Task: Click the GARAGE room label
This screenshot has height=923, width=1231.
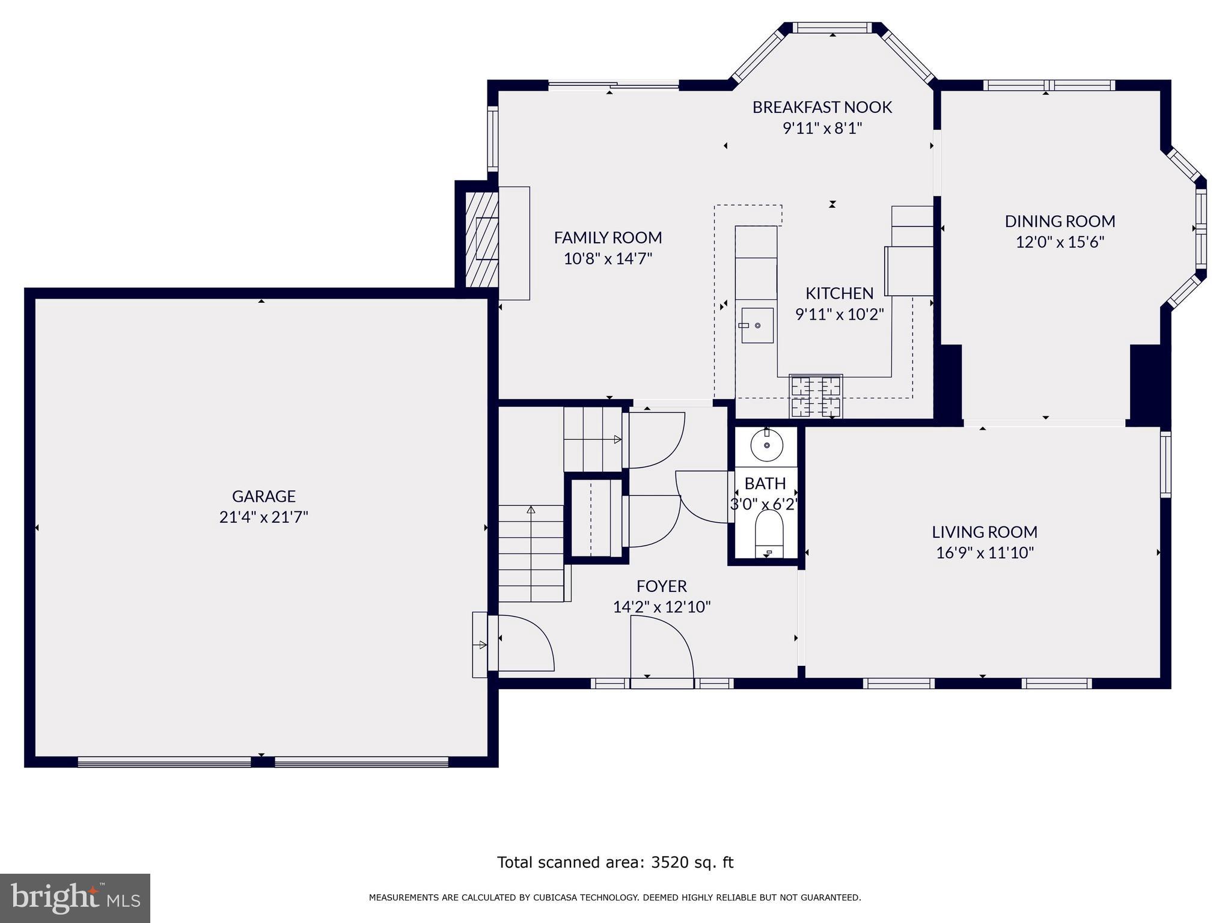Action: pyautogui.click(x=263, y=496)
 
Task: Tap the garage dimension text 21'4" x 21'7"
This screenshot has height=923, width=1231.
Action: pyautogui.click(x=263, y=517)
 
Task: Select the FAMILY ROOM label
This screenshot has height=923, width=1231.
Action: pyautogui.click(x=608, y=238)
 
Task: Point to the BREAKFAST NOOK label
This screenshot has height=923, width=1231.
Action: pyautogui.click(x=822, y=108)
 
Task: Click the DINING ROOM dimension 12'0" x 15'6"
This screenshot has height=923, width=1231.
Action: pyautogui.click(x=1060, y=242)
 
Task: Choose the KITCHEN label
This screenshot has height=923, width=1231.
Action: pyautogui.click(x=839, y=294)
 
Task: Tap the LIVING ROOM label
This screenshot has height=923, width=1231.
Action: pyautogui.click(x=984, y=532)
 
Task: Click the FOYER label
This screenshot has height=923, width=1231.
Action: pyautogui.click(x=661, y=586)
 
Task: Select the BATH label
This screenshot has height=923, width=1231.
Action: pyautogui.click(x=765, y=484)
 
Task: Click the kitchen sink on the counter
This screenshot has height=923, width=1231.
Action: pyautogui.click(x=757, y=325)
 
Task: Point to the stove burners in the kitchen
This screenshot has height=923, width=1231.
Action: pyautogui.click(x=816, y=395)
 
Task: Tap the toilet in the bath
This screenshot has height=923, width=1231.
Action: pyautogui.click(x=769, y=530)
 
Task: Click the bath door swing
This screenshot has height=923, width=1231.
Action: pyautogui.click(x=702, y=496)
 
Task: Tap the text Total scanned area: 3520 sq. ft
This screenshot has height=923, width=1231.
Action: pyautogui.click(x=615, y=862)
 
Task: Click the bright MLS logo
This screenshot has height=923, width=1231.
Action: pyautogui.click(x=75, y=898)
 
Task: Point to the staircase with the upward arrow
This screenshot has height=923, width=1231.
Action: pyautogui.click(x=531, y=553)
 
